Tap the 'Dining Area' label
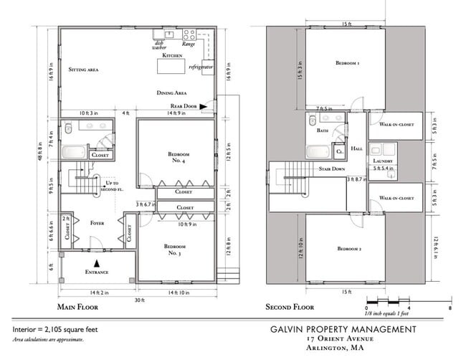pyautogui.click(x=172, y=93)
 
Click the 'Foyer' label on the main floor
pyautogui.click(x=97, y=223)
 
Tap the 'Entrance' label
pyautogui.click(x=97, y=273)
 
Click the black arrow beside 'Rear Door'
pyautogui.click(x=204, y=105)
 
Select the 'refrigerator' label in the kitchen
pyautogui.click(x=201, y=66)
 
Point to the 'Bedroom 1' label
pyautogui.click(x=348, y=63)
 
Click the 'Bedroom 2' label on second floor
pyautogui.click(x=348, y=249)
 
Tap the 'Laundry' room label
pyautogui.click(x=380, y=162)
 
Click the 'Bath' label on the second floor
pyautogui.click(x=322, y=131)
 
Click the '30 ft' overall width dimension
pyautogui.click(x=136, y=300)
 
